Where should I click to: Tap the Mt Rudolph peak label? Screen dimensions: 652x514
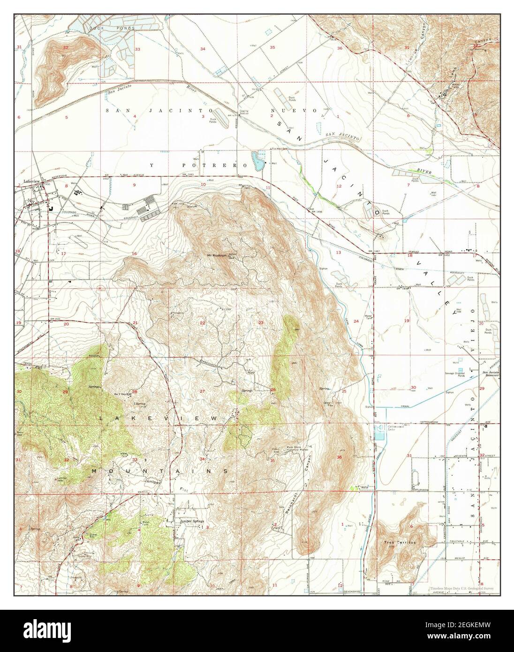217,256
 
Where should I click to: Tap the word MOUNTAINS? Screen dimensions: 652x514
159,470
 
